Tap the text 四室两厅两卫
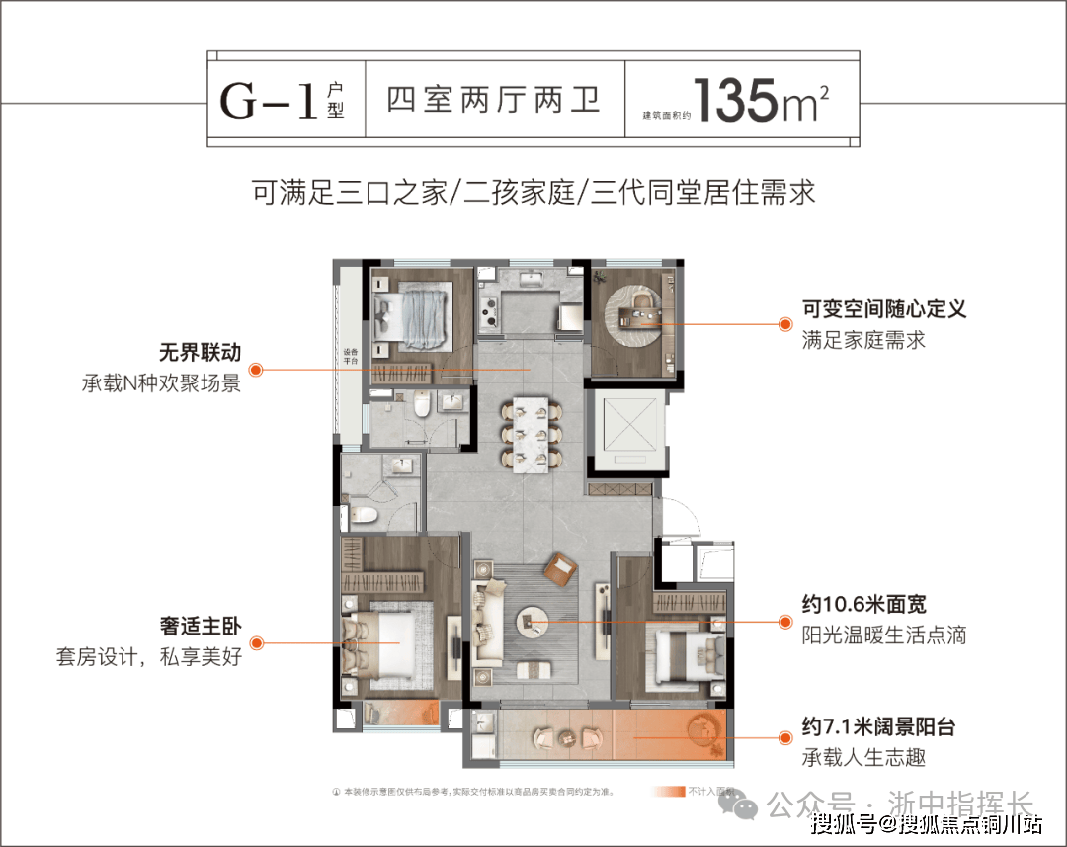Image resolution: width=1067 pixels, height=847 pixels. (494, 101)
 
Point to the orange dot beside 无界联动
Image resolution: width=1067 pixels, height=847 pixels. (255, 370)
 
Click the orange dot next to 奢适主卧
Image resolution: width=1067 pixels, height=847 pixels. (255, 643)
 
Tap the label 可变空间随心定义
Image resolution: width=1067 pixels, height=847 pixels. (883, 308)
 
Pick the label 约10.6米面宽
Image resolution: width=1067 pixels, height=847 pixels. (863, 605)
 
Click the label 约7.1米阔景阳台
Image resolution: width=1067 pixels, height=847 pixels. (878, 728)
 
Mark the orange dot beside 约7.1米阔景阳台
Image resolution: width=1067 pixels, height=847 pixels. (785, 737)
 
